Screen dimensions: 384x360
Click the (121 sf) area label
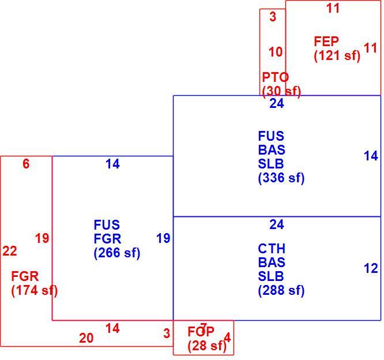point(337,55)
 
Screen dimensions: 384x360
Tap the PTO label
point(275,77)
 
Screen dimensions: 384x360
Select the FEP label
point(326,42)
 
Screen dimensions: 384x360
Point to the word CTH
point(272,249)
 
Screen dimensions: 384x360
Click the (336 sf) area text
point(281,178)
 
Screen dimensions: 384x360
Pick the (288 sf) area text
point(281,291)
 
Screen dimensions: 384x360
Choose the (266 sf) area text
point(117,253)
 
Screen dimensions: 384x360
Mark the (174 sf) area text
point(34,291)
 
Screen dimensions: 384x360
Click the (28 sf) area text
point(207,346)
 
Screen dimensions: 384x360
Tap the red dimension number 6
point(26,164)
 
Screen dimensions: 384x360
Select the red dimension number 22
point(10,251)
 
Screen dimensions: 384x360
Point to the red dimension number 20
point(86,338)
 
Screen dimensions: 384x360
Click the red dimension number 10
point(276,52)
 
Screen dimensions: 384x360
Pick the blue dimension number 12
point(371,268)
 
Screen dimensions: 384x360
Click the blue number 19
point(163,238)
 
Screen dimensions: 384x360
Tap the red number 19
point(42,238)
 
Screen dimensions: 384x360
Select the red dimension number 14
point(112,328)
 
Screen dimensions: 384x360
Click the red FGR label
point(25,277)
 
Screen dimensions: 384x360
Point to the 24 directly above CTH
point(277,224)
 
